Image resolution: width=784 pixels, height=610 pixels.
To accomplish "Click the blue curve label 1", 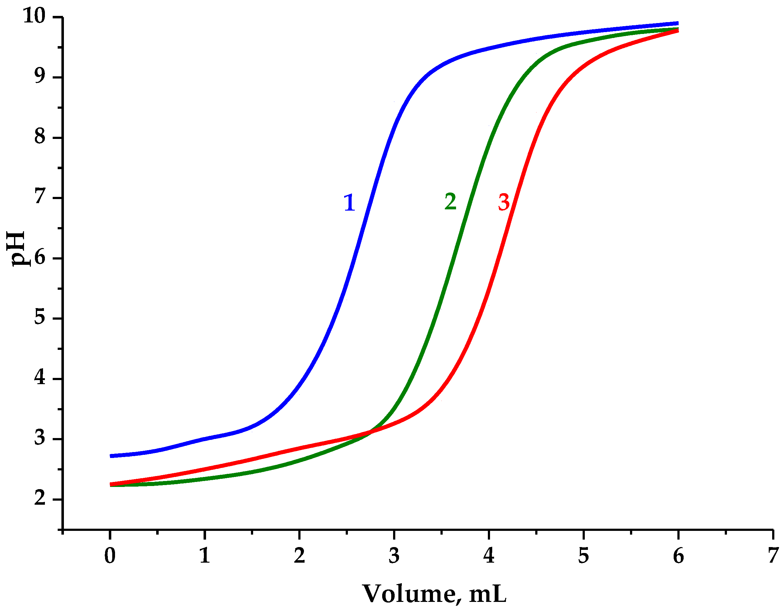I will tap(349, 203).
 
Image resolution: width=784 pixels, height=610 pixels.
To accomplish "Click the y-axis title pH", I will tap(17, 248).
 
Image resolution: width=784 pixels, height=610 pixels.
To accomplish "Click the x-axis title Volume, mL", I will tap(434, 594).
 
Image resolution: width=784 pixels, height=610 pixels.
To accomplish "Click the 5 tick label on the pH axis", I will tap(40, 317).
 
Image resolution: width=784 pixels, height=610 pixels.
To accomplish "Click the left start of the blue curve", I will tap(111, 456).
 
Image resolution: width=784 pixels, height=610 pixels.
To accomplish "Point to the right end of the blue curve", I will tap(677, 23).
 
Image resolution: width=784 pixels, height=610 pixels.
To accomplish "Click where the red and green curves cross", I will tap(372, 432).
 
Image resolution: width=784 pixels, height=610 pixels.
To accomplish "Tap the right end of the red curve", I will tap(677, 31).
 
